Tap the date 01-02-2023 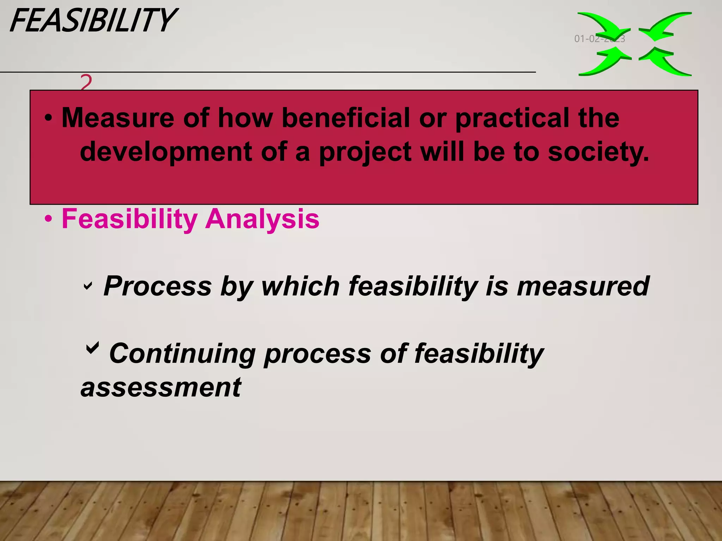599,39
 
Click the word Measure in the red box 118,118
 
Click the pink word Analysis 262,219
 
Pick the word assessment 161,387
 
